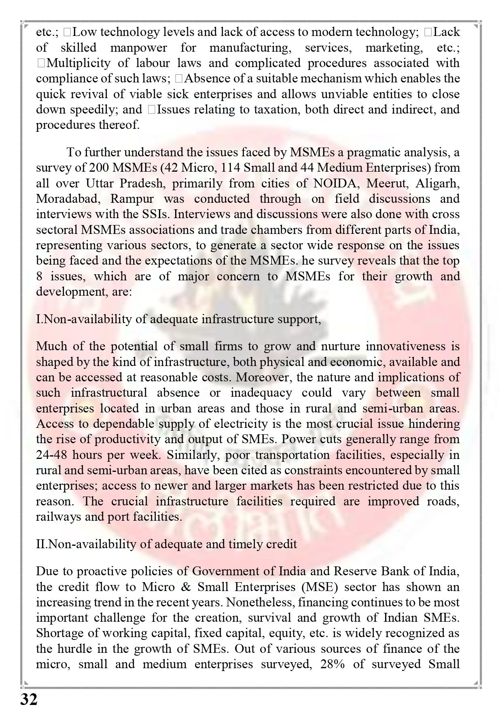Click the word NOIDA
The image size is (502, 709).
pyautogui.click(x=334, y=183)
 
